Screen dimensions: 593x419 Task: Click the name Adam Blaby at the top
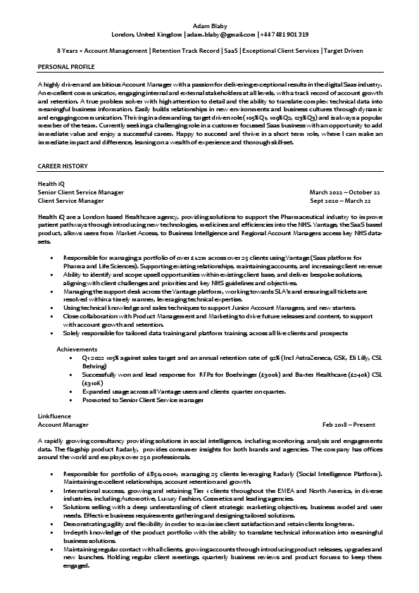tap(209, 25)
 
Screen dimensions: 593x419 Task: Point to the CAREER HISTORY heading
tap(63, 166)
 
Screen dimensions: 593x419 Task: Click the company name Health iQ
tap(51, 183)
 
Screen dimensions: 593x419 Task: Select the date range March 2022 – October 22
tap(345, 192)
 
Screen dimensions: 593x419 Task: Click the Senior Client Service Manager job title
tap(80, 192)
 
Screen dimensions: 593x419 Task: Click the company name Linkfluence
tap(54, 416)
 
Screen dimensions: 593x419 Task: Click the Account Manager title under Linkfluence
tap(63, 425)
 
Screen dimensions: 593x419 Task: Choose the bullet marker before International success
tap(52, 487)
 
